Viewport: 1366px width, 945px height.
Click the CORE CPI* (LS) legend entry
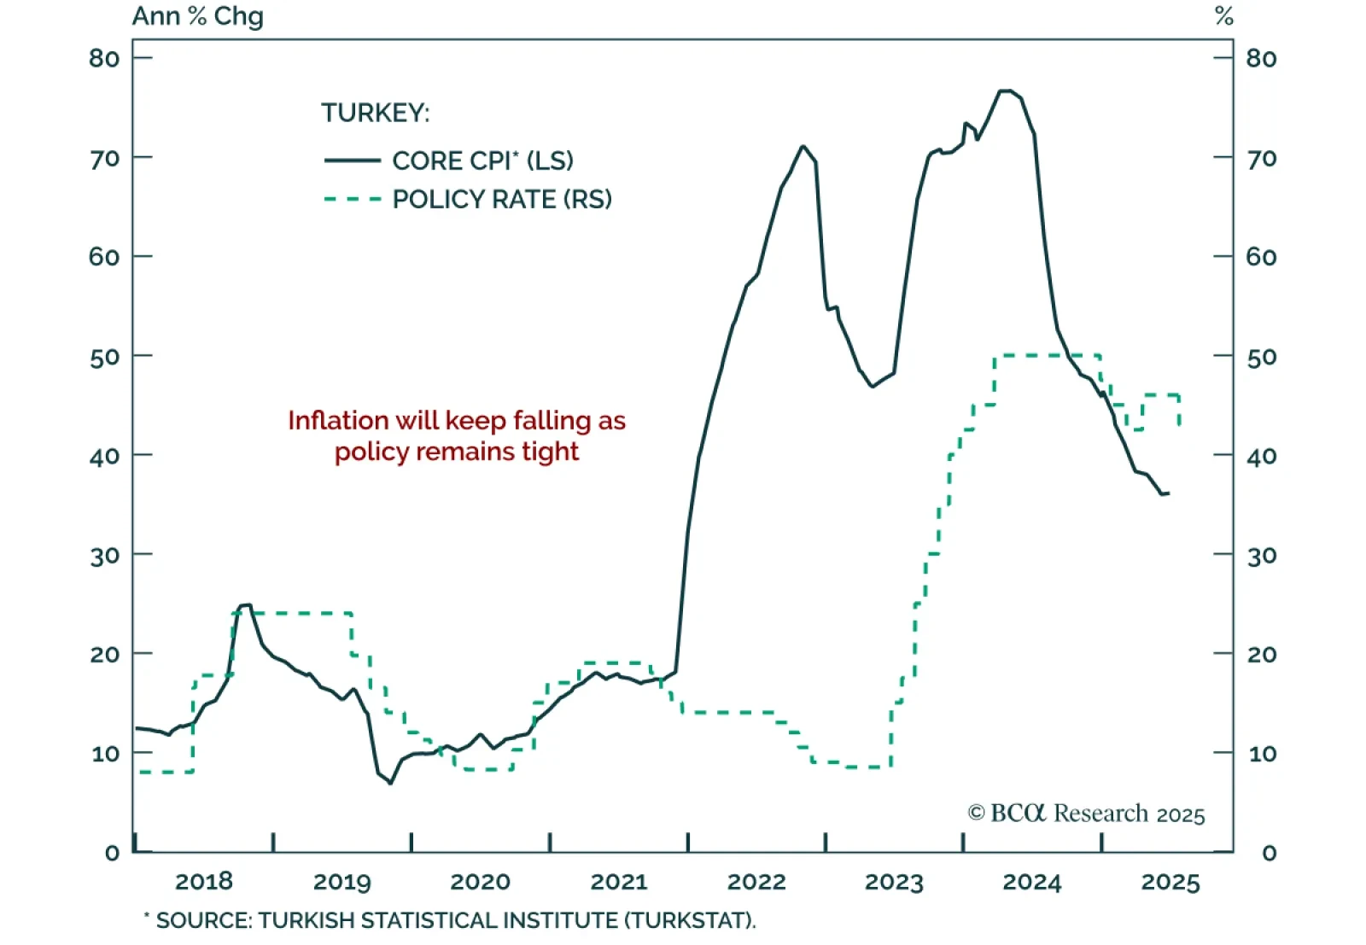(x=482, y=160)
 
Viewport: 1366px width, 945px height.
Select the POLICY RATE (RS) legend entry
(x=502, y=200)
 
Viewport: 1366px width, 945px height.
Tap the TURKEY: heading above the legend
(x=376, y=113)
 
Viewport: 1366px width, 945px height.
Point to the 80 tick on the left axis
(x=104, y=58)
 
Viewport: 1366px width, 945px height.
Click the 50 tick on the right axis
(x=1261, y=357)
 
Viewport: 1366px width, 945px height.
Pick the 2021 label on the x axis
(x=619, y=882)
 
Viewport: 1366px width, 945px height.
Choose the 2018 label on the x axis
(x=204, y=882)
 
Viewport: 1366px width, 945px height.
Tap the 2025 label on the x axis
(x=1170, y=882)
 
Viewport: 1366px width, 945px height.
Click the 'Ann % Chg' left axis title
(x=198, y=16)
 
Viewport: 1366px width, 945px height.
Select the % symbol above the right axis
(x=1224, y=16)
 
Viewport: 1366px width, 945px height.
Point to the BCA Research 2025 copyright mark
(x=1086, y=814)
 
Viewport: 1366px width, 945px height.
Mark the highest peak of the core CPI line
(x=1007, y=90)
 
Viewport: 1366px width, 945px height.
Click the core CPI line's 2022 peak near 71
(x=803, y=146)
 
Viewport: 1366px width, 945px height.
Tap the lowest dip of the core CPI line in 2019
(x=391, y=783)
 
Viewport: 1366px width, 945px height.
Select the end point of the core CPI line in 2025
(x=1167, y=493)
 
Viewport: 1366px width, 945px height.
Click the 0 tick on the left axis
(x=112, y=853)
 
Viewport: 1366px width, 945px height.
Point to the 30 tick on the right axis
(x=1261, y=556)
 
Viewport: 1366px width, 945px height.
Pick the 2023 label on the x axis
(x=894, y=882)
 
